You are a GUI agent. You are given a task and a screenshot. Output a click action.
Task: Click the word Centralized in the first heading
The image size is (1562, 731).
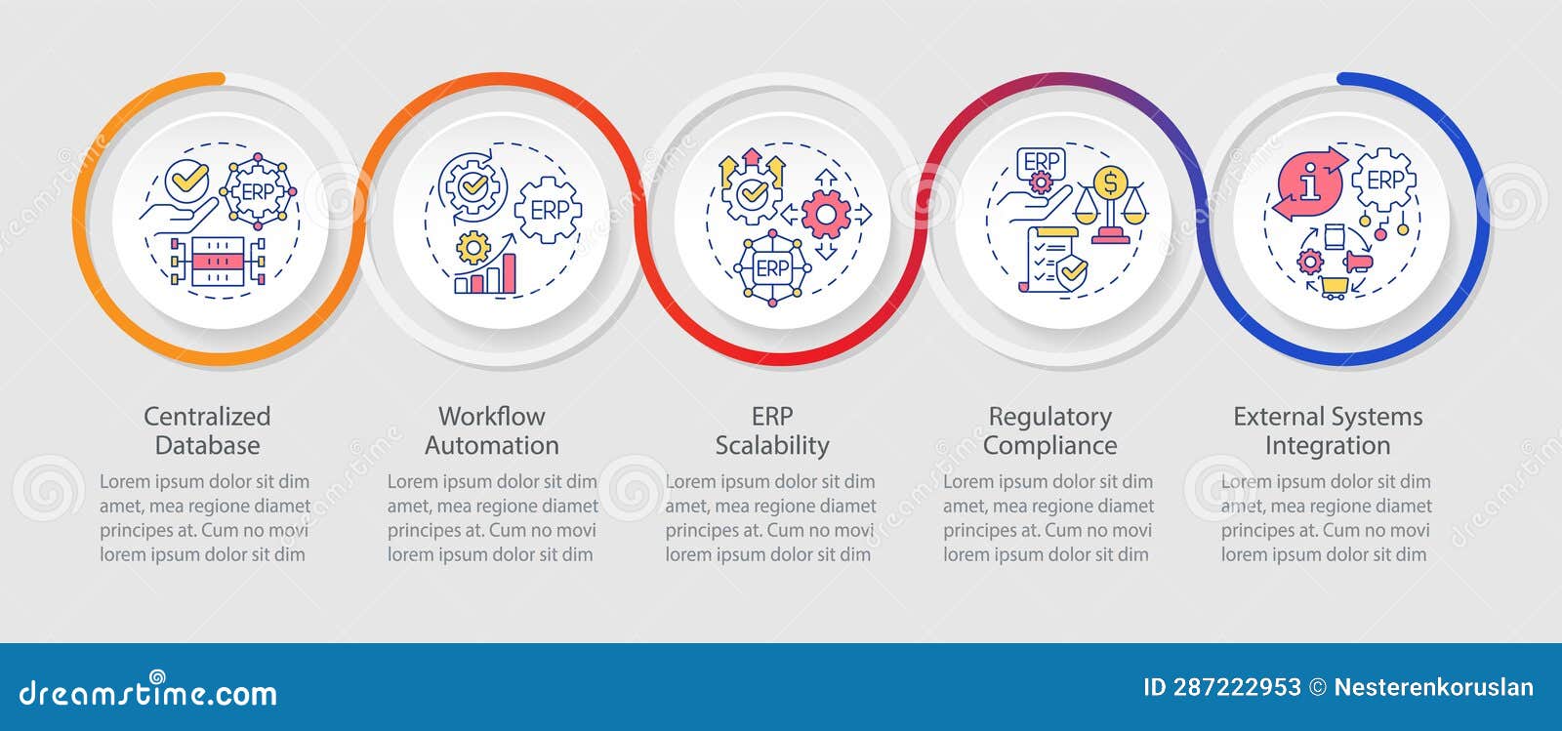[x=207, y=417]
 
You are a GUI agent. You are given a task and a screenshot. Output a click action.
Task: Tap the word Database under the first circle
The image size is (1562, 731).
[x=207, y=445]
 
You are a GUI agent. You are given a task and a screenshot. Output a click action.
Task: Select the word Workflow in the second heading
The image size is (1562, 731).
[x=492, y=417]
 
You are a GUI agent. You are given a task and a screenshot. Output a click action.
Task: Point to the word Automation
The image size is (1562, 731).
[x=492, y=445]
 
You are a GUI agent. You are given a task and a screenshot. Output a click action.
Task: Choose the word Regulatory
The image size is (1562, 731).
[x=1049, y=418]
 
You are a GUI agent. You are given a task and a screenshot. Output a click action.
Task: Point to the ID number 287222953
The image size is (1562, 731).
[x=1236, y=688]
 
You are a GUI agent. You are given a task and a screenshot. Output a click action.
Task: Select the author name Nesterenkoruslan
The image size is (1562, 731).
[x=1434, y=688]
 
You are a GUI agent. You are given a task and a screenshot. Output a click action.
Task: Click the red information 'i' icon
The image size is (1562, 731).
[x=1309, y=183]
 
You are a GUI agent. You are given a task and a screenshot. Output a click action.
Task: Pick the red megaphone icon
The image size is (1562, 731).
[x=1358, y=262]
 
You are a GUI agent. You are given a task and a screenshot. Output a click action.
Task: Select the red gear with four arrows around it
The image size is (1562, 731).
[x=826, y=215]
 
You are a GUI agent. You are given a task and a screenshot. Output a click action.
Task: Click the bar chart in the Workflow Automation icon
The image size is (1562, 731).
[x=485, y=274]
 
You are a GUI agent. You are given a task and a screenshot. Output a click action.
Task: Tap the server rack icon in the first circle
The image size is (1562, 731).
[x=218, y=261]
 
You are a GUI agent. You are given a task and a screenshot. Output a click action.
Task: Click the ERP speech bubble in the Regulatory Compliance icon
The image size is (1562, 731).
[x=1041, y=164]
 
